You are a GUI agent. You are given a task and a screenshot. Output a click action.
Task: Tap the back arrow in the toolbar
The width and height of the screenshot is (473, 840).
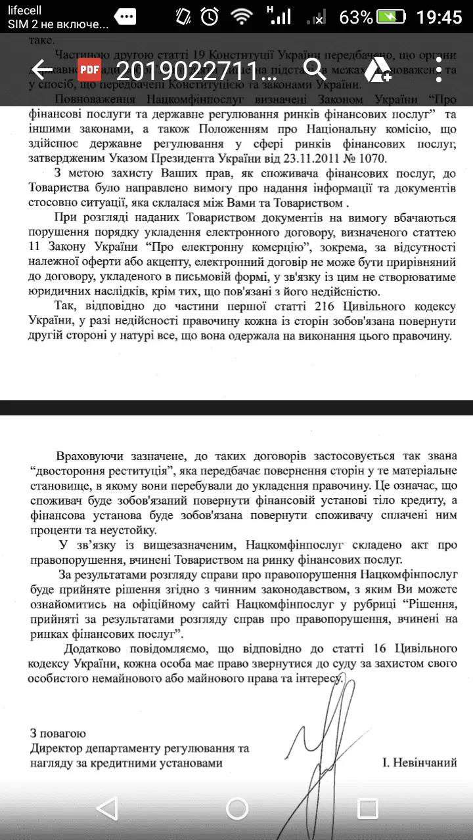pyautogui.click(x=42, y=70)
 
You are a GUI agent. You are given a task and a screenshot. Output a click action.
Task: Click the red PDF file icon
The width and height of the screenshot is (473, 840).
pyautogui.click(x=89, y=70)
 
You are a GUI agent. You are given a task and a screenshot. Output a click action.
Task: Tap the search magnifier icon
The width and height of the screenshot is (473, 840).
pyautogui.click(x=315, y=69)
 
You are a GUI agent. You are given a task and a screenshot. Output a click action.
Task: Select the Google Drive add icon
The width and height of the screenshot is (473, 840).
pyautogui.click(x=378, y=70)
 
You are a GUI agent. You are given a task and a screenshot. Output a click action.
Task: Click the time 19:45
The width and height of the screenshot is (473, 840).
pyautogui.click(x=439, y=17)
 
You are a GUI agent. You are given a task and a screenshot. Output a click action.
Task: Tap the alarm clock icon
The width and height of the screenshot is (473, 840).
pyautogui.click(x=210, y=17)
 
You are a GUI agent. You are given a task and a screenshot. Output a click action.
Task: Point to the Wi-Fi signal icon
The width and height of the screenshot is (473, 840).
pyautogui.click(x=242, y=17)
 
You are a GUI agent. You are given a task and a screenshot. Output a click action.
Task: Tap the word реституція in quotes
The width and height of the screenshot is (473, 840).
pyautogui.click(x=148, y=471)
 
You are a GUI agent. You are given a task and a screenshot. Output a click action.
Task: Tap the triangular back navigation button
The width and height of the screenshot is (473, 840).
pyautogui.click(x=106, y=808)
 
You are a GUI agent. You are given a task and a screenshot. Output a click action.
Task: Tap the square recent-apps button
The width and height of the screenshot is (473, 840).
pyautogui.click(x=367, y=808)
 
